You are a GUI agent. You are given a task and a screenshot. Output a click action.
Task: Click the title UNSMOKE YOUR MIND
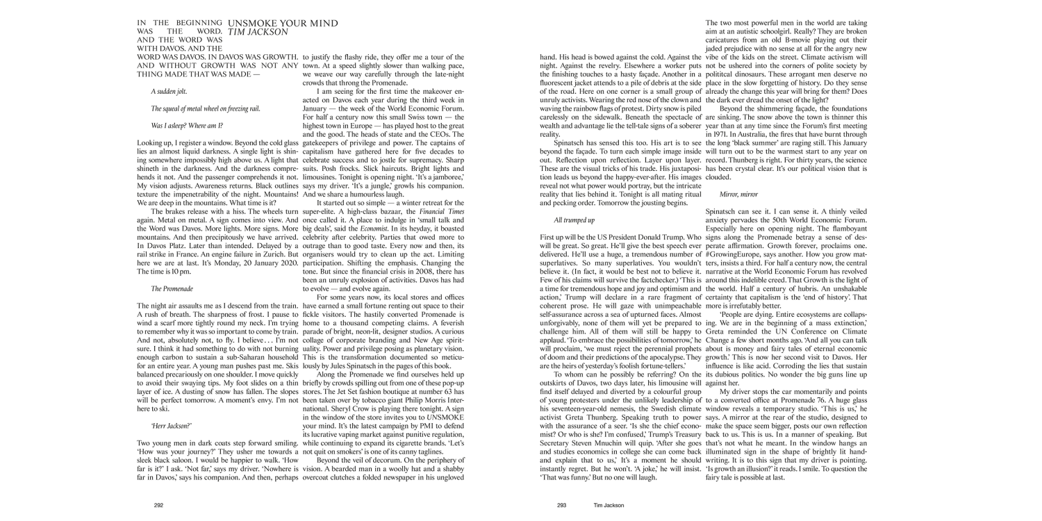coord(283,24)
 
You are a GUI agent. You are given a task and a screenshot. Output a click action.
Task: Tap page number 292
coord(158,506)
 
